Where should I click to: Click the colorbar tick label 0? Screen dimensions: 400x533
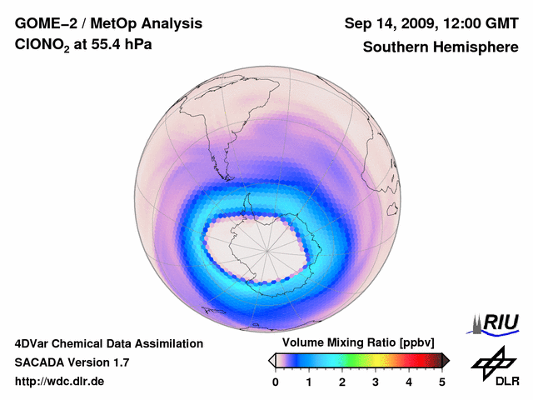point(276,382)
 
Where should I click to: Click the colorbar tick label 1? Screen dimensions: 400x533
point(309,382)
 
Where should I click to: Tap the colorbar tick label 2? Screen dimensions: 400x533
point(342,382)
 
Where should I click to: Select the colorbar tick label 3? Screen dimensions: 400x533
point(376,382)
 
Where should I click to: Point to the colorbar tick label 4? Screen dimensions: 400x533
point(409,382)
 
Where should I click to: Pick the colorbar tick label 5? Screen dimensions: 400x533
point(442,382)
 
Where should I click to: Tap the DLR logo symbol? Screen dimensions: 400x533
point(491,360)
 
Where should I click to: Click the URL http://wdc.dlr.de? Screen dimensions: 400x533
point(59,382)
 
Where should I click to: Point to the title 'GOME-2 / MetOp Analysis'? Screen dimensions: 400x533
point(97,22)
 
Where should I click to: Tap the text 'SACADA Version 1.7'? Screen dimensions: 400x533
point(72,362)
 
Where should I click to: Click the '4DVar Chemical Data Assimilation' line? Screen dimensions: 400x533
point(108,343)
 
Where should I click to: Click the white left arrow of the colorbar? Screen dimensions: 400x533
point(271,360)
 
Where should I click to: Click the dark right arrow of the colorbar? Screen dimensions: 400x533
point(446,360)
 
